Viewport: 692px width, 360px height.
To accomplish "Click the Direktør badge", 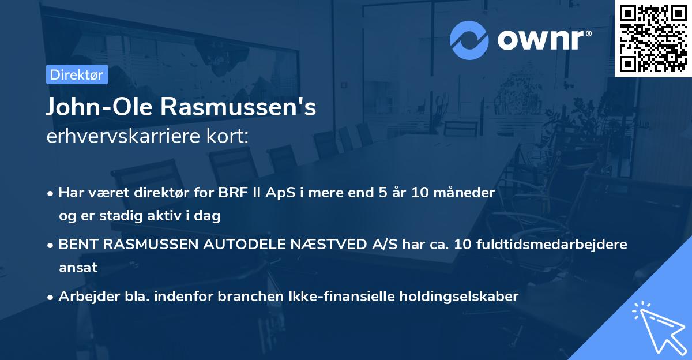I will point(77,74).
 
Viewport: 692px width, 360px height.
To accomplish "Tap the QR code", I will point(653,38).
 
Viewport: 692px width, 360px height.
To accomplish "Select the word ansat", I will point(78,268).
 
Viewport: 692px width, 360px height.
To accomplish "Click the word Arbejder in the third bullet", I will point(85,297).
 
